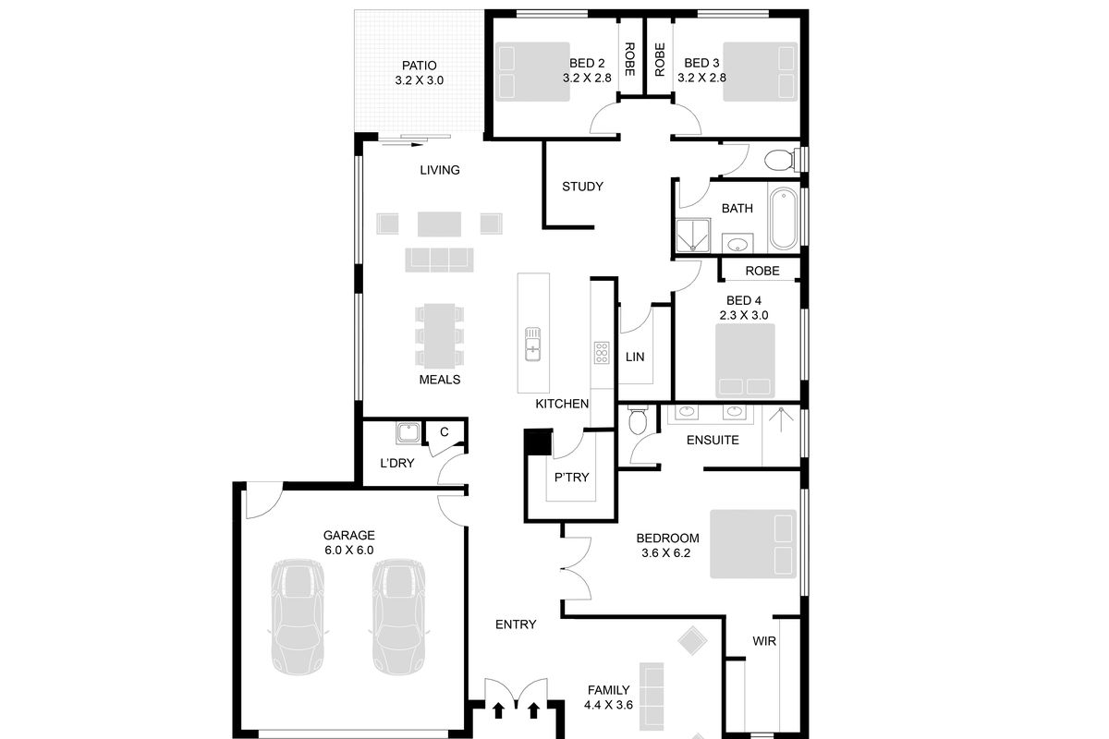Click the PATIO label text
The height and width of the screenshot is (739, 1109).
(x=419, y=66)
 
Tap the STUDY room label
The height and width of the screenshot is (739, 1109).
(x=582, y=187)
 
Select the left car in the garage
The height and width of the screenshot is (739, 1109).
(x=298, y=617)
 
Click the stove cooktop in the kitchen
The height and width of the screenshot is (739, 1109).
(x=602, y=352)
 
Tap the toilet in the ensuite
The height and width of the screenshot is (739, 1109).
(x=637, y=423)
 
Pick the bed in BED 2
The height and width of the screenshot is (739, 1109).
(x=531, y=71)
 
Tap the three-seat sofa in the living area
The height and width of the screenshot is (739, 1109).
(x=438, y=259)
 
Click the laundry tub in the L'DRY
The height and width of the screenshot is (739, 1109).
(x=407, y=432)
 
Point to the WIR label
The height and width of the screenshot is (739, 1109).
(x=764, y=640)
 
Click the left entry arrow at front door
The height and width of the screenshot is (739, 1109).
(x=498, y=710)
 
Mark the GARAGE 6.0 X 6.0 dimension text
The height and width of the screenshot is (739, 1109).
(x=348, y=550)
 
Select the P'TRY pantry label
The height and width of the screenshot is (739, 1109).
(x=571, y=478)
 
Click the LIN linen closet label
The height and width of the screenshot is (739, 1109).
(x=635, y=357)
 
